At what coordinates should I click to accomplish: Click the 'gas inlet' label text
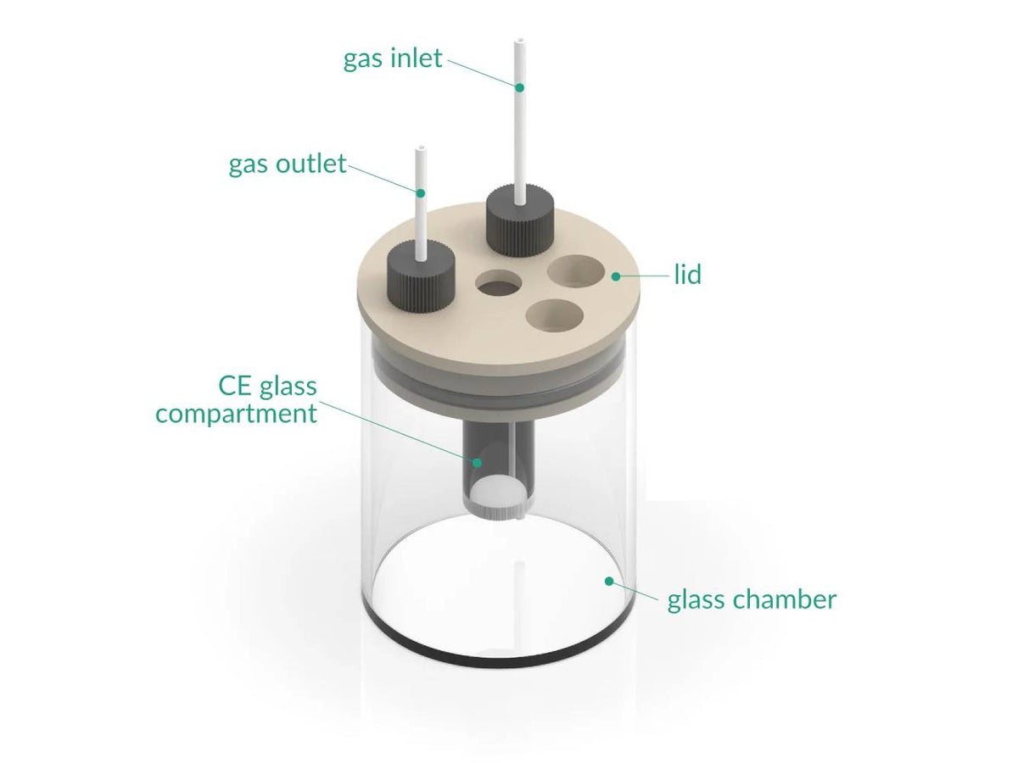point(393,58)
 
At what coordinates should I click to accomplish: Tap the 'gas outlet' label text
point(288,163)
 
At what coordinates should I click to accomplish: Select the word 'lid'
point(687,276)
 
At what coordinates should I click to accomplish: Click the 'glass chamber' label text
point(752,599)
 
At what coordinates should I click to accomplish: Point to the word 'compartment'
point(236,414)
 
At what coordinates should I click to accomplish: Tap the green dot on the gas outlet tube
point(420,192)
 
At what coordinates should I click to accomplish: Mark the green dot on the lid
point(615,276)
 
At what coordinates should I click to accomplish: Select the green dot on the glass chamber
point(608,581)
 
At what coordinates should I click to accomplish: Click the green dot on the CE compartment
point(478,463)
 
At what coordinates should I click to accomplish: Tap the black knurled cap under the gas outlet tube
point(420,278)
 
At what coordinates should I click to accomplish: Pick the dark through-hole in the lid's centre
point(500,284)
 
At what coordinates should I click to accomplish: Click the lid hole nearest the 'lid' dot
point(575,272)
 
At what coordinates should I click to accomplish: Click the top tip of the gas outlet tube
point(419,150)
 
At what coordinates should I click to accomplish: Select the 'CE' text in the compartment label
point(238,387)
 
